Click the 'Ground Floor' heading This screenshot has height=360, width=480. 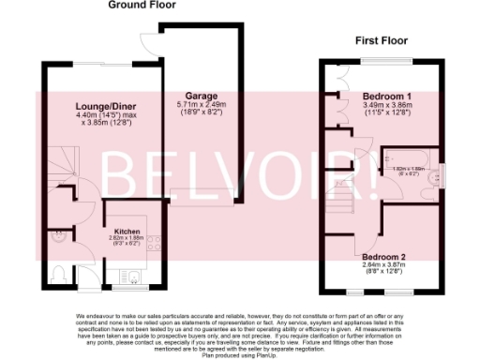click(x=142, y=5)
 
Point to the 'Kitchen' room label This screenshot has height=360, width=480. click(x=127, y=231)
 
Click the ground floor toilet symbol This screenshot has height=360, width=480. click(x=60, y=274)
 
